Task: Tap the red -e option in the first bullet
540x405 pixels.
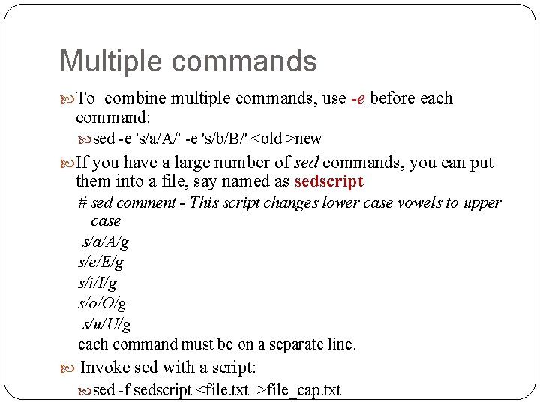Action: tap(358, 98)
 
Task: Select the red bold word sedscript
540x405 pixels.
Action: tap(328, 181)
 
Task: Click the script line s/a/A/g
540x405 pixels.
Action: tap(105, 241)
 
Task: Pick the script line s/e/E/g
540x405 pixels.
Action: tap(101, 262)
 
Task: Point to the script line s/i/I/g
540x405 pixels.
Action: tap(97, 283)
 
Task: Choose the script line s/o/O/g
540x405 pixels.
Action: tap(102, 304)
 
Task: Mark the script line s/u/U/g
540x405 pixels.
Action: tap(106, 324)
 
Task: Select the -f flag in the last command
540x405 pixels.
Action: tap(124, 390)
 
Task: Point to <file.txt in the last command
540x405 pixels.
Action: tap(222, 390)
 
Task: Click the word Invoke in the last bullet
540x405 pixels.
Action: tap(102, 367)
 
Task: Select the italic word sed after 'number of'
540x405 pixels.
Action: tap(306, 163)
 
